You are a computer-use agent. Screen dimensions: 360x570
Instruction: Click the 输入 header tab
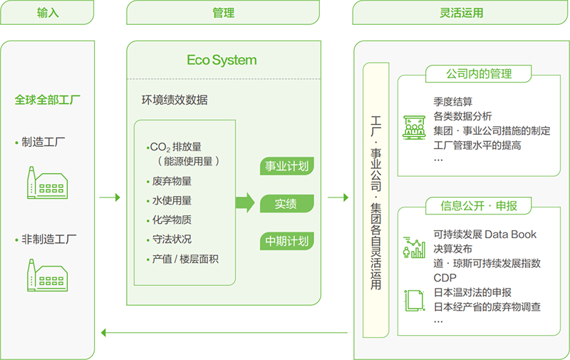click(47, 13)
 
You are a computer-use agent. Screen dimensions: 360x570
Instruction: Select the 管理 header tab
click(223, 13)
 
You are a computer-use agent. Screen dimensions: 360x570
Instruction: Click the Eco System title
click(222, 60)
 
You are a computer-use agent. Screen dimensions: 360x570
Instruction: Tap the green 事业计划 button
click(286, 167)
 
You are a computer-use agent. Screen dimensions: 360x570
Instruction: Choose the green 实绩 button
click(286, 204)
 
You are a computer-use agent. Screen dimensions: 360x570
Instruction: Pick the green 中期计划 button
click(286, 241)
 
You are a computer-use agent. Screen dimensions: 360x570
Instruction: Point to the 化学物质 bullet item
click(171, 220)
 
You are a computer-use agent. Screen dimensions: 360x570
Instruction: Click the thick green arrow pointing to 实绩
click(244, 202)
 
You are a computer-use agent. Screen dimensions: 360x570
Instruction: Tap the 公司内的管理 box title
click(478, 74)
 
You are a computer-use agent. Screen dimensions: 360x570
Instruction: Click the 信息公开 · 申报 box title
click(478, 206)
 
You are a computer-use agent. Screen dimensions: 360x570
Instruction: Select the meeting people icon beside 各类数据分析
click(414, 126)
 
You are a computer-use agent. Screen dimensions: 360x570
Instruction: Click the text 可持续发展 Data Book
click(484, 235)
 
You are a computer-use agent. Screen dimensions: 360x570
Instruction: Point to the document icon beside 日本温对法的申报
click(413, 299)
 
